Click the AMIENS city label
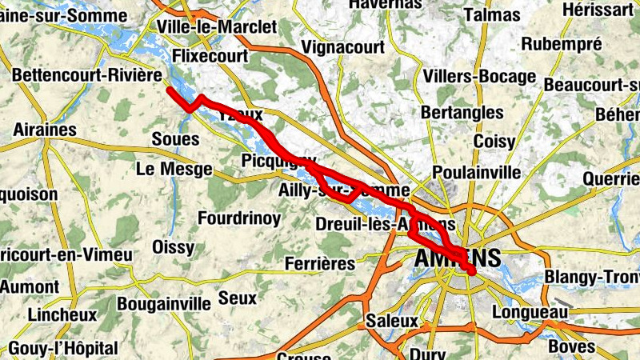(x=458, y=258)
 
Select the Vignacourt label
(x=344, y=48)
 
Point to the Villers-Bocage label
(x=479, y=77)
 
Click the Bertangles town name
(x=462, y=112)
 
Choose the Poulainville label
(x=476, y=172)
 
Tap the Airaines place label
(x=45, y=130)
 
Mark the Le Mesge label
(x=174, y=169)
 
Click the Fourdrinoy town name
(x=239, y=218)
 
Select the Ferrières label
(x=320, y=263)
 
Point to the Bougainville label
(x=164, y=303)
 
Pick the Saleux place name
(x=391, y=320)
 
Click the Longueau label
(x=530, y=311)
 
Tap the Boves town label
(x=572, y=346)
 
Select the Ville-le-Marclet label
(x=217, y=26)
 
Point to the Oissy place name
(x=173, y=247)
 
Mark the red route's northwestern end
(x=170, y=91)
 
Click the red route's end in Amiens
(x=472, y=273)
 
